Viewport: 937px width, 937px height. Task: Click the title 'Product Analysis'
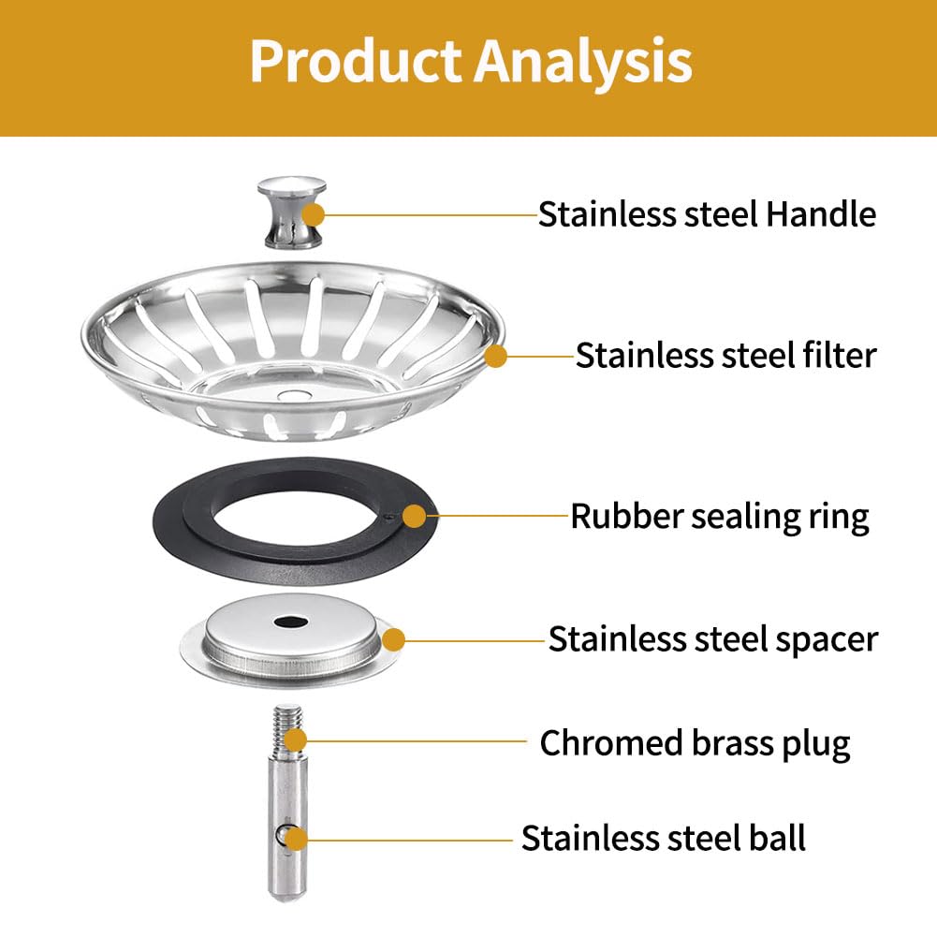click(471, 61)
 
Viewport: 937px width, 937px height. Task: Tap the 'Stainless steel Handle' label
click(707, 214)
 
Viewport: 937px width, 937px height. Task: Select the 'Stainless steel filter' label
click(725, 355)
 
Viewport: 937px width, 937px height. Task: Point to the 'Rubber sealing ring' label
click(720, 517)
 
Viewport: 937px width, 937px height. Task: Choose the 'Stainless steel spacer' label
click(713, 639)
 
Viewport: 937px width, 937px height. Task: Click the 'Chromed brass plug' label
click(695, 744)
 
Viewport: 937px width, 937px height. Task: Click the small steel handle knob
click(292, 212)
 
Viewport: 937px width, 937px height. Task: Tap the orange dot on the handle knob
click(314, 214)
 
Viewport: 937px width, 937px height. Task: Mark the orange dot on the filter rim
click(495, 356)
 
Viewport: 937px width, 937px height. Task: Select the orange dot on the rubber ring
click(414, 517)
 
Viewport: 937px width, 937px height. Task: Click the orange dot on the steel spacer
click(393, 640)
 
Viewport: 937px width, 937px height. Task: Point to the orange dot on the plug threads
click(295, 739)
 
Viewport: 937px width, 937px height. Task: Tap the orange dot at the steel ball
click(295, 839)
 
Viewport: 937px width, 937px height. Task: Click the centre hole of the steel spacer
click(291, 622)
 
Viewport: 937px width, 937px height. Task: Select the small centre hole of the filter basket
click(293, 395)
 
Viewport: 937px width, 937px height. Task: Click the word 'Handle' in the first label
click(821, 214)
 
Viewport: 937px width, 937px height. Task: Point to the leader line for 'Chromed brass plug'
click(417, 741)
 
